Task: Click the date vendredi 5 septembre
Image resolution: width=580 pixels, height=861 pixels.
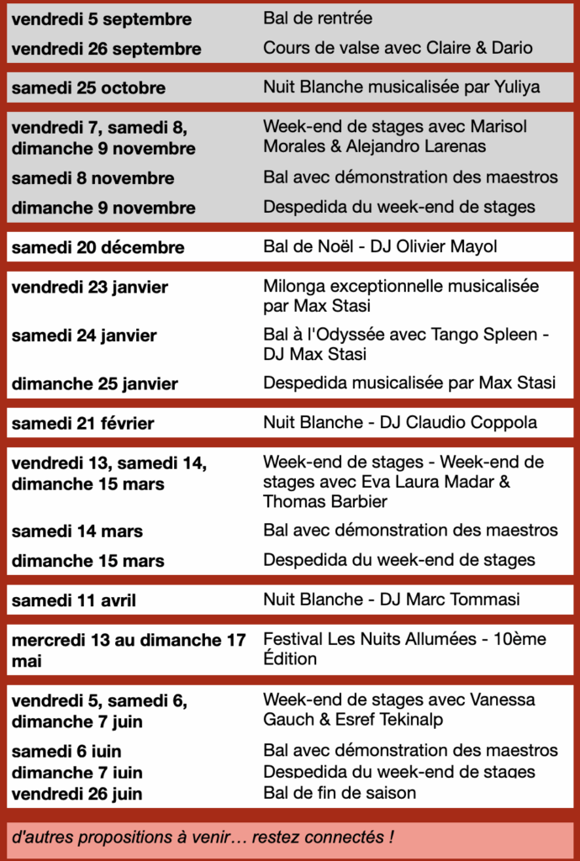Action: (x=102, y=19)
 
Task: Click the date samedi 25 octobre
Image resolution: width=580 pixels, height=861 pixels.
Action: (x=88, y=87)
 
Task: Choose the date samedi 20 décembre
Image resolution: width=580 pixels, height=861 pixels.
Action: (x=98, y=247)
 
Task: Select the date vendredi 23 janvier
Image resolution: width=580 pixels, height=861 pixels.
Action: (x=90, y=288)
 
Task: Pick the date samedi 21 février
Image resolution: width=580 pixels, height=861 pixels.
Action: (x=82, y=424)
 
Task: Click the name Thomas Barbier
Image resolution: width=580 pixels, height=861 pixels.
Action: (x=325, y=501)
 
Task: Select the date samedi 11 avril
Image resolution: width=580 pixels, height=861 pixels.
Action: (x=74, y=600)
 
